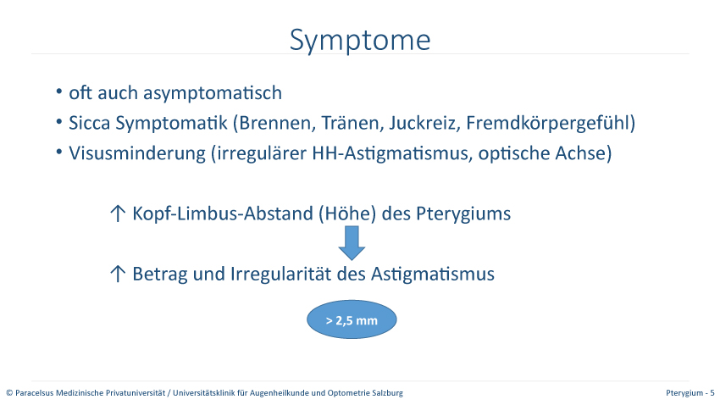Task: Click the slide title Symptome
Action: click(x=360, y=41)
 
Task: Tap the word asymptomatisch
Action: click(x=213, y=93)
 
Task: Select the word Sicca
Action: click(x=90, y=123)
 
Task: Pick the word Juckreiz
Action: click(x=424, y=123)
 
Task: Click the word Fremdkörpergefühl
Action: click(x=547, y=123)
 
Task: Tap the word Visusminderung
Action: click(x=137, y=153)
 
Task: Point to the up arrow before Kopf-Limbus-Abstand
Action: click(x=118, y=214)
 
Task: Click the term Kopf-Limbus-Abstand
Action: click(x=223, y=214)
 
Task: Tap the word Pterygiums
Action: click(x=463, y=214)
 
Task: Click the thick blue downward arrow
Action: click(x=352, y=243)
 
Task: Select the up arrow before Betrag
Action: click(x=118, y=274)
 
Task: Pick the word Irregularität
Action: click(x=280, y=274)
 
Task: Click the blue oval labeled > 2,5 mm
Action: click(x=352, y=319)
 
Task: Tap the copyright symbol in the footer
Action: click(x=9, y=393)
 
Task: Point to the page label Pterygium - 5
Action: click(x=690, y=393)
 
